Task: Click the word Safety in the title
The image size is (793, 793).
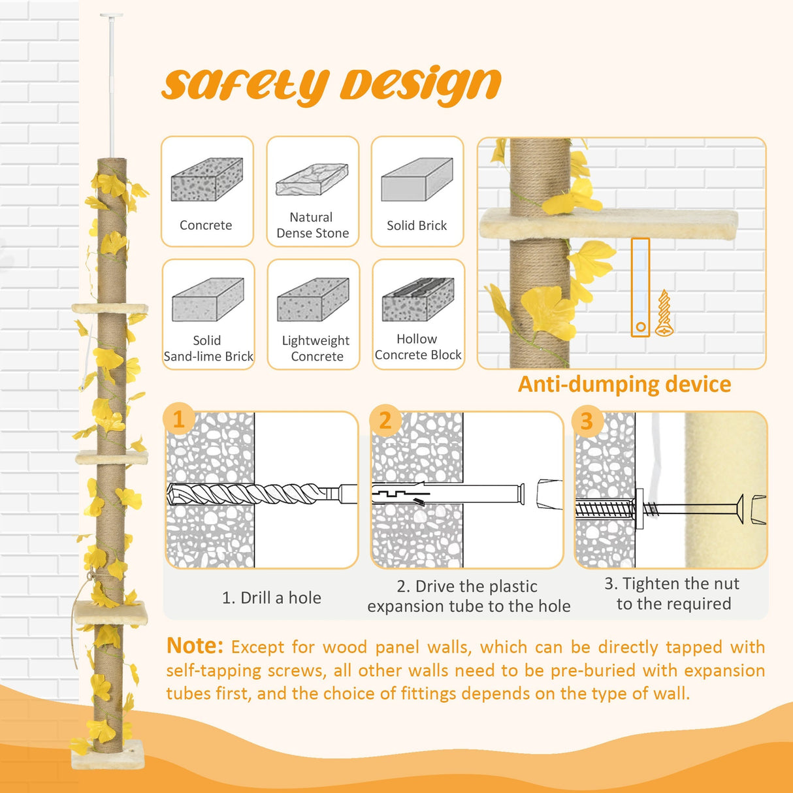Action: pyautogui.click(x=244, y=86)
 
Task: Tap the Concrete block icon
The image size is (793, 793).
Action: pyautogui.click(x=206, y=179)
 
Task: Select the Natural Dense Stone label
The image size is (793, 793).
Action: pyautogui.click(x=312, y=225)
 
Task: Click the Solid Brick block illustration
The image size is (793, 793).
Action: pyautogui.click(x=417, y=179)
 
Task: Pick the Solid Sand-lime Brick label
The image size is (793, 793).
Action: pyautogui.click(x=208, y=349)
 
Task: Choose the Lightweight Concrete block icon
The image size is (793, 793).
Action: pyautogui.click(x=313, y=300)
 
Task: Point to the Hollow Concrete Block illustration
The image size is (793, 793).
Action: pyautogui.click(x=418, y=300)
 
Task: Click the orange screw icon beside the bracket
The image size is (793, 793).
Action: pyautogui.click(x=664, y=314)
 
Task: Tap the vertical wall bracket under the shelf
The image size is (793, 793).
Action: pyautogui.click(x=640, y=287)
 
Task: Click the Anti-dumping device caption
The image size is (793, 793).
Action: pyautogui.click(x=624, y=384)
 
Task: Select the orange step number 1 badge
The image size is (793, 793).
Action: pyautogui.click(x=178, y=419)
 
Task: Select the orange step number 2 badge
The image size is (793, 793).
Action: pyautogui.click(x=385, y=420)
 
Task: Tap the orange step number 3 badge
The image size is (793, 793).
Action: pyautogui.click(x=587, y=421)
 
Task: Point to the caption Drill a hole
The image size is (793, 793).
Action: pyautogui.click(x=272, y=598)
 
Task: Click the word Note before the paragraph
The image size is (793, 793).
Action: pyautogui.click(x=195, y=646)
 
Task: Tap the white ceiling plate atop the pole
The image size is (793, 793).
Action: pyautogui.click(x=111, y=16)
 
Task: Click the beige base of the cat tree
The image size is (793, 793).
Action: pyautogui.click(x=108, y=762)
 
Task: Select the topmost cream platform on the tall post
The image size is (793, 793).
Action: pyautogui.click(x=110, y=308)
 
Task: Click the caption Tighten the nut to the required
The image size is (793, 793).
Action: pyautogui.click(x=673, y=594)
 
